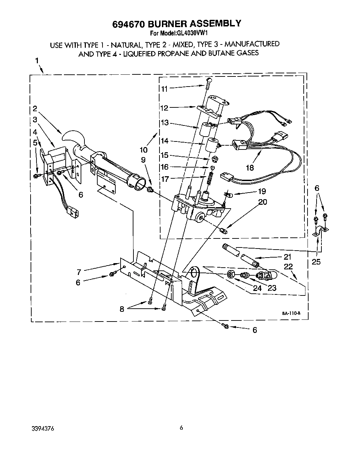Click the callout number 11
click(164, 89)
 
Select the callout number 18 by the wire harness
click(249, 168)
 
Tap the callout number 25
click(316, 262)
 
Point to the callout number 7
click(79, 271)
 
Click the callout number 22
click(288, 267)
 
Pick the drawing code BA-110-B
click(291, 313)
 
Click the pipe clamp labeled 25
click(320, 232)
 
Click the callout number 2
click(35, 108)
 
